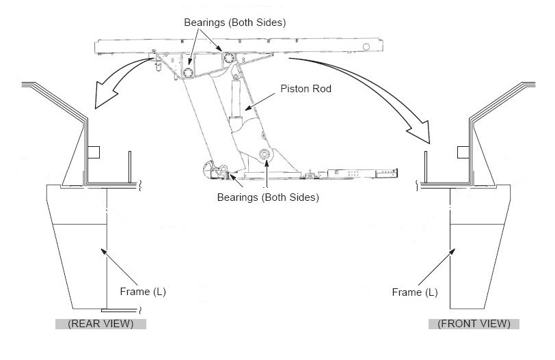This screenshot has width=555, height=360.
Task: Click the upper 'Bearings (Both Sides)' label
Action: [234, 22]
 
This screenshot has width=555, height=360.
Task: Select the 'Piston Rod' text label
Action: [306, 88]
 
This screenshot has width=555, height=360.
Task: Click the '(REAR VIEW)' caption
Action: [100, 324]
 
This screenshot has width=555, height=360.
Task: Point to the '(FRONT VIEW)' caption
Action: [474, 324]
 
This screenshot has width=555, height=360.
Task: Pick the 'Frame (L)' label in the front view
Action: [415, 292]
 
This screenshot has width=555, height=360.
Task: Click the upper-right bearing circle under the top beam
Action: [226, 57]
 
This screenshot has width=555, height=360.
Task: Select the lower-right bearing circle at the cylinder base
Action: [264, 156]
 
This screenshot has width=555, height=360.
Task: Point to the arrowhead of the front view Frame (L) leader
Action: [451, 251]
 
